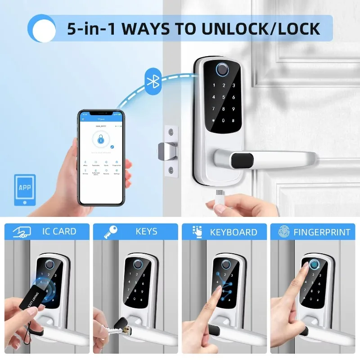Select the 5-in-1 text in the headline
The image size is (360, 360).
tap(88, 29)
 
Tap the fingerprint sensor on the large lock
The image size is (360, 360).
tap(222, 69)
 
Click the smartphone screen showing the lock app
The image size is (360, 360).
tap(101, 157)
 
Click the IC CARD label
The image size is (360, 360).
tap(59, 232)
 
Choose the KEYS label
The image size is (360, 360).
tap(147, 232)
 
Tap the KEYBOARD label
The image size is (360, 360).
tap(234, 232)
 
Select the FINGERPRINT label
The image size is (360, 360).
tap(322, 232)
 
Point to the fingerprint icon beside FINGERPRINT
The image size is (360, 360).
tap(284, 232)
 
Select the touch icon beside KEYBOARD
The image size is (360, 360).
tap(197, 232)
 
